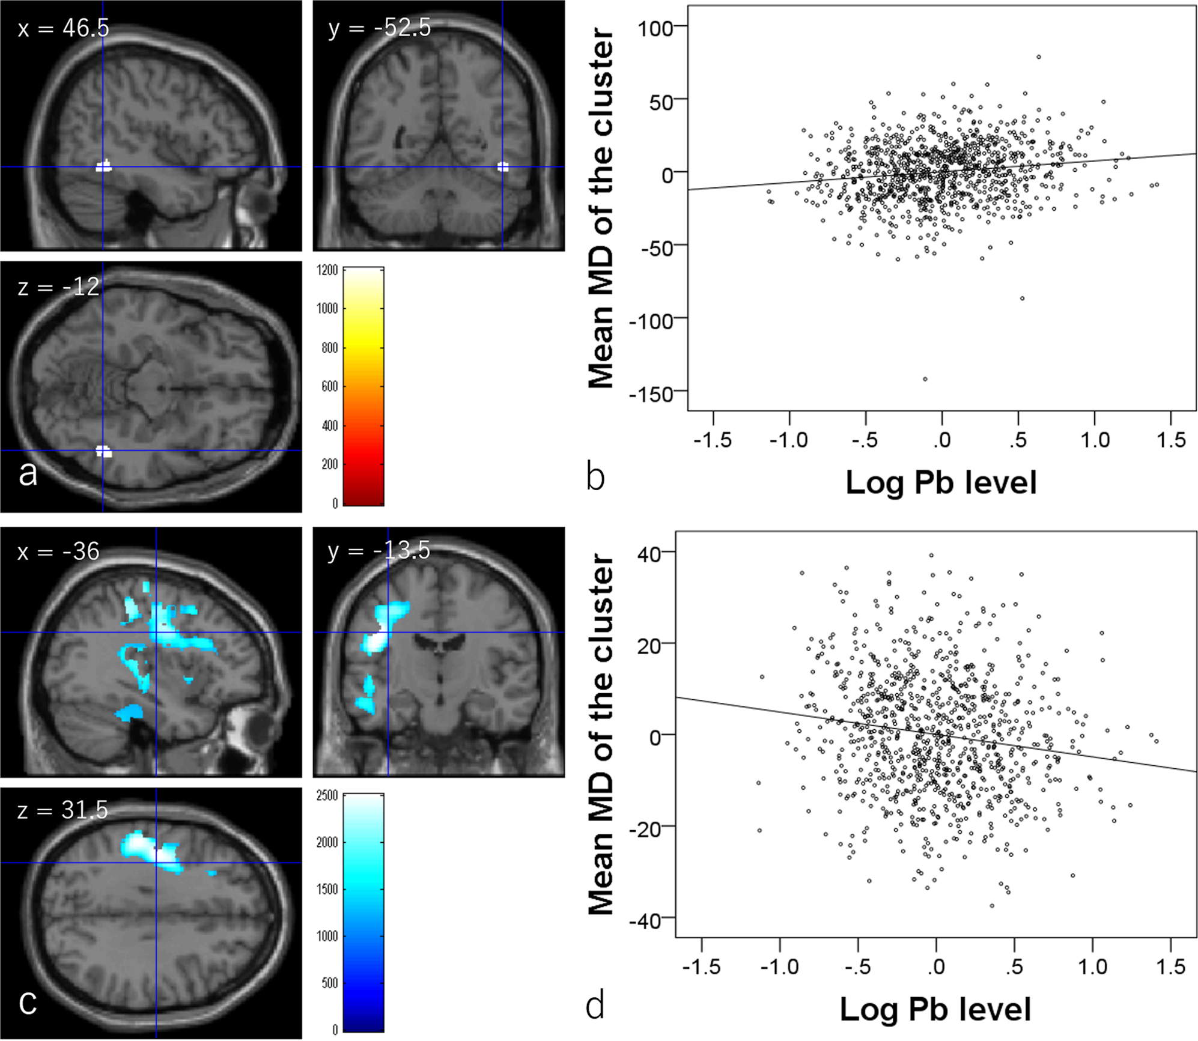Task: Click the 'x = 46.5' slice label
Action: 63,28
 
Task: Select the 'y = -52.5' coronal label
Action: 379,28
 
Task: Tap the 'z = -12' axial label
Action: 58,287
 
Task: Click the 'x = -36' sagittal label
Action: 58,551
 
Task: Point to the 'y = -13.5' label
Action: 379,550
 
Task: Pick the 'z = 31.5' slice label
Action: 62,810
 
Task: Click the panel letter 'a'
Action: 28,473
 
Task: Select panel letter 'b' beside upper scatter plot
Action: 595,478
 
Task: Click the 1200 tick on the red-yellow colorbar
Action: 327,270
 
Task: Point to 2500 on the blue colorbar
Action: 327,796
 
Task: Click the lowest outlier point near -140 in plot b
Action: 925,379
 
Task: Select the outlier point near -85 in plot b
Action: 1022,299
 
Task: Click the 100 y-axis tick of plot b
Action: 655,28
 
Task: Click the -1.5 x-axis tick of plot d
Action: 701,967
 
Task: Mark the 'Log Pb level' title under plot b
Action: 941,482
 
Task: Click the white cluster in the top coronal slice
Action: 503,166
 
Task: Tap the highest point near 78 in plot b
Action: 1038,57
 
